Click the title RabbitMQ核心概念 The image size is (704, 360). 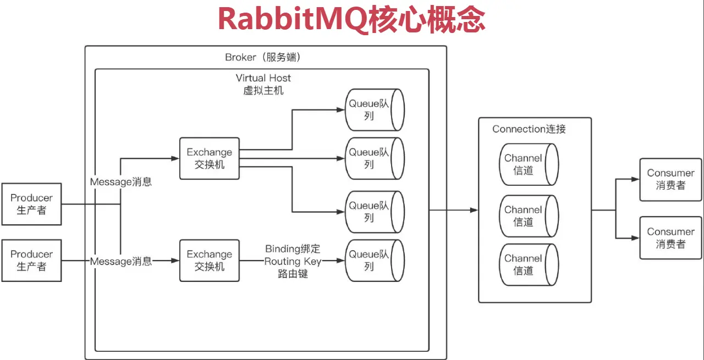pos(351,20)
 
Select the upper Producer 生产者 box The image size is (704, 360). pos(31,204)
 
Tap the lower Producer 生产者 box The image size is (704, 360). pos(31,261)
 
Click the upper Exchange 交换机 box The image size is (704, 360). pos(210,158)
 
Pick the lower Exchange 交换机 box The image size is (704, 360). pos(210,261)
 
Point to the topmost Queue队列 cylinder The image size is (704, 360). pos(375,110)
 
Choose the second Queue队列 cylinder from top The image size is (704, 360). pos(375,158)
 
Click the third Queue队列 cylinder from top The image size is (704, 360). pos(375,212)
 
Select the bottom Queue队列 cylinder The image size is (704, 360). pos(375,261)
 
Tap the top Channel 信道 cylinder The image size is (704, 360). pos(528,164)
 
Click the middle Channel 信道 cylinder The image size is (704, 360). pos(528,216)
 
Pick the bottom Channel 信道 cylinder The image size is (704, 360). pos(528,264)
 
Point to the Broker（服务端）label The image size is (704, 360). pos(263,58)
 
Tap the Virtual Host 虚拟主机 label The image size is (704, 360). pos(263,84)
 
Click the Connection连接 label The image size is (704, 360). pos(529,129)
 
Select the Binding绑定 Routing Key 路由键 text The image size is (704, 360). pos(293,261)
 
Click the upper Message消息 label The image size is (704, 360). pos(121,181)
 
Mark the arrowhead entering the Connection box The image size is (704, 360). pos(474,210)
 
